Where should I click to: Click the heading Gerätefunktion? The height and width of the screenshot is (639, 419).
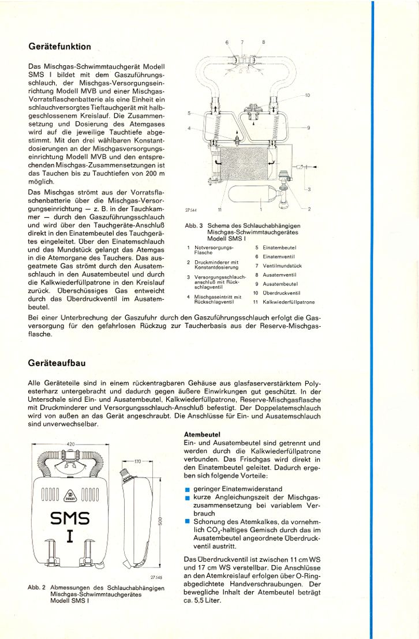[59, 47]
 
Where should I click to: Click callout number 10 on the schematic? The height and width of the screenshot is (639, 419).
[308, 95]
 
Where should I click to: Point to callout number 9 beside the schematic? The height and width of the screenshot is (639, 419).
[309, 128]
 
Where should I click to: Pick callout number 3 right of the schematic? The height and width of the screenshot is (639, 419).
[309, 189]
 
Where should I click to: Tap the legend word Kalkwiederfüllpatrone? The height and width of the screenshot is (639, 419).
[289, 302]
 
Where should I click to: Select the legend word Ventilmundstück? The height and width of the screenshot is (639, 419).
[282, 266]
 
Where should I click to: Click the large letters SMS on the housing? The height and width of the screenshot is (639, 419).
[70, 518]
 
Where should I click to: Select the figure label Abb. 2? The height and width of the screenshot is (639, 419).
[36, 587]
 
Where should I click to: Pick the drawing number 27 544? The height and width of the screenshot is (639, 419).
[192, 210]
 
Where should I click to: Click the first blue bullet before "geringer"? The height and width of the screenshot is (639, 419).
[188, 490]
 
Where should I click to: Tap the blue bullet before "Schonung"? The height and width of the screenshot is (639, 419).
[188, 521]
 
